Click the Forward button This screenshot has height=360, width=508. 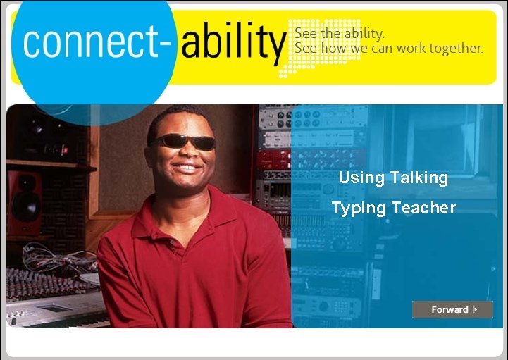coord(452,309)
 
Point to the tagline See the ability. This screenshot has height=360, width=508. coord(339,33)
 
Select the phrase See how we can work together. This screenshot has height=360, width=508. coord(388,49)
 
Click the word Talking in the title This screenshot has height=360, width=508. coord(419,178)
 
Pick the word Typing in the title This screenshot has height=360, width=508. coord(359,209)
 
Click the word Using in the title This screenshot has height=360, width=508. coord(361,178)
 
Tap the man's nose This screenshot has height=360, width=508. coord(185,154)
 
